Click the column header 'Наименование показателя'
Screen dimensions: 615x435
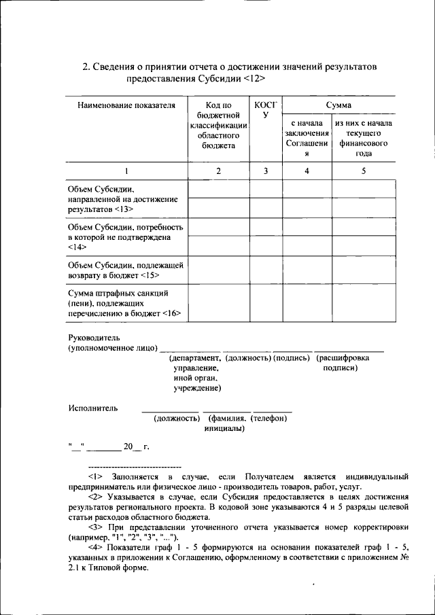(x=126, y=105)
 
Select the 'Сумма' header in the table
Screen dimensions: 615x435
(x=338, y=105)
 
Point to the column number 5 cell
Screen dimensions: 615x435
(x=363, y=171)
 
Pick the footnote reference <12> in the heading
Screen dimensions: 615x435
(x=252, y=79)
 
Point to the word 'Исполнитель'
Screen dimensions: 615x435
(x=93, y=408)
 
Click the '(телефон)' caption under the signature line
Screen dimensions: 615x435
(x=268, y=419)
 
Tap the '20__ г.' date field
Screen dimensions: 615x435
(x=136, y=446)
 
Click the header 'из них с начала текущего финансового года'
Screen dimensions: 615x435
(x=363, y=139)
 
